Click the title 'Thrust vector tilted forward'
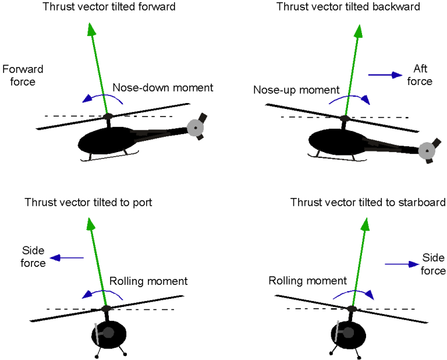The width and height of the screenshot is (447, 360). (109, 7)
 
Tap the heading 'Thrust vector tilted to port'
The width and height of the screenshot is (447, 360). (88, 202)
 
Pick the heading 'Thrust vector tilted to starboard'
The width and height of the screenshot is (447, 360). (368, 202)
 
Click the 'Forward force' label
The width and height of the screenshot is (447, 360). (23, 76)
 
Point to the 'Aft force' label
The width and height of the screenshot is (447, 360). (420, 75)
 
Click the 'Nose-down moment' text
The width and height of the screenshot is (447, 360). (163, 88)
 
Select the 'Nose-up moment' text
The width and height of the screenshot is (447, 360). (296, 90)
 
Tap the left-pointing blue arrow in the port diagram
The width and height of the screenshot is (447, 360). (66, 257)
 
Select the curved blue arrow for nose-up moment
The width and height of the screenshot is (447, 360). (349, 98)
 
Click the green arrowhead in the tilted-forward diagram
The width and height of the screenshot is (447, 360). (90, 29)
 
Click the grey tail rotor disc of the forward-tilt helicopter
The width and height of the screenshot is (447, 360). (195, 127)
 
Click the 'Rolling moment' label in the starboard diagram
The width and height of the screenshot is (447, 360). (307, 281)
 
